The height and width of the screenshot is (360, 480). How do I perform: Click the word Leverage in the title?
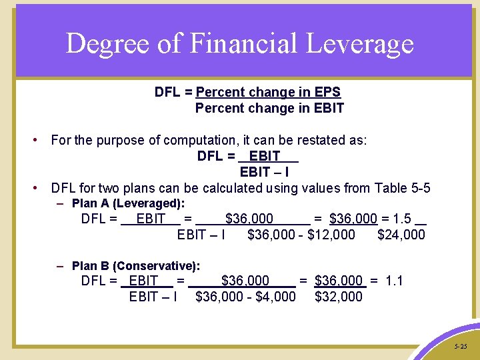point(369,44)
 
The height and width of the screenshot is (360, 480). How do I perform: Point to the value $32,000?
point(339,297)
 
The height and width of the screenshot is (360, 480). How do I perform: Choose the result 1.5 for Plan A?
point(402,219)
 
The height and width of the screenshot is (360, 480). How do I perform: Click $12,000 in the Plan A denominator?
point(331,235)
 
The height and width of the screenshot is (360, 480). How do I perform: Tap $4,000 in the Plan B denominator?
point(275,297)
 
